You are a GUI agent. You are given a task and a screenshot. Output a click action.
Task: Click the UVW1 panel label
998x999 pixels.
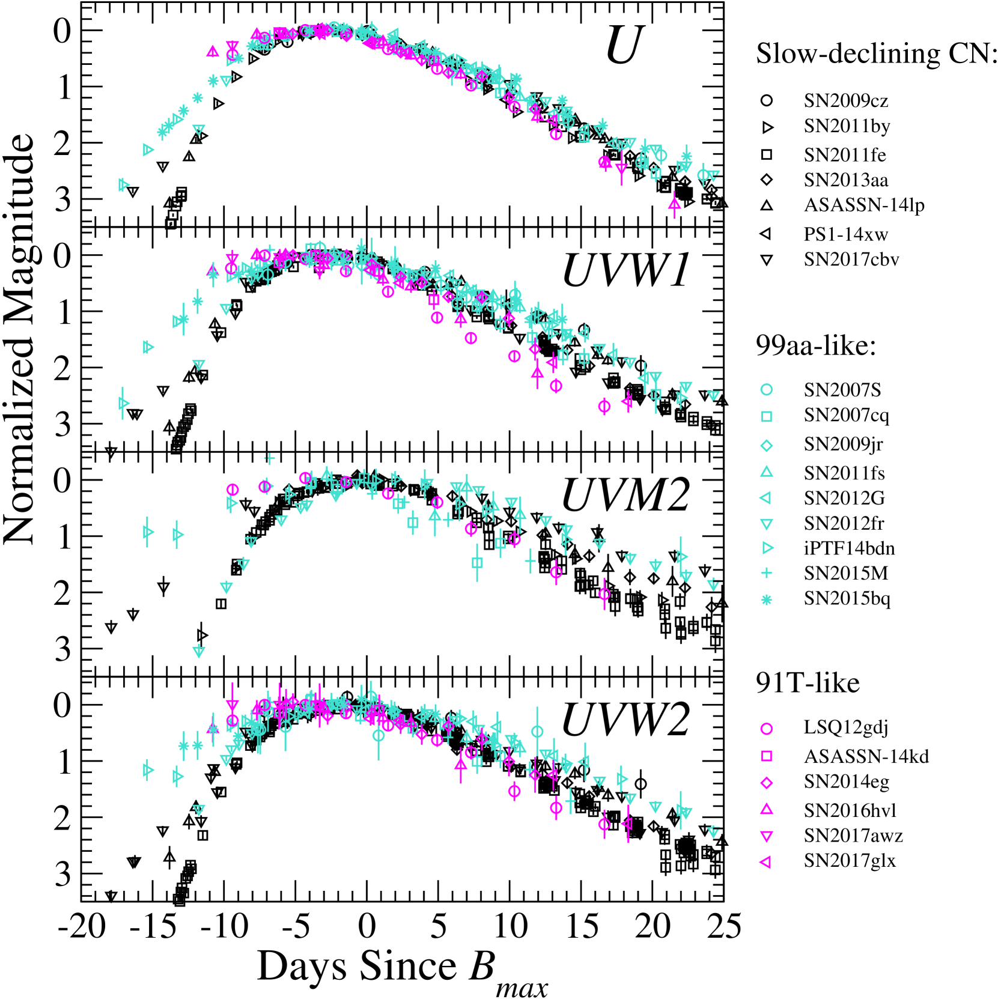tap(625, 271)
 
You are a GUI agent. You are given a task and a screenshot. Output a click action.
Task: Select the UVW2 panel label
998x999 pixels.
tap(625, 720)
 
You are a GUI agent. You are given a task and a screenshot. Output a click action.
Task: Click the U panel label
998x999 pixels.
tap(625, 45)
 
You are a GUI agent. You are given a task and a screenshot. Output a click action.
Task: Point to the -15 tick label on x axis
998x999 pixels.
tap(153, 927)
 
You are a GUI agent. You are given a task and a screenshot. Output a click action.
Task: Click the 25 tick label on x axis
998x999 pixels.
tap(723, 927)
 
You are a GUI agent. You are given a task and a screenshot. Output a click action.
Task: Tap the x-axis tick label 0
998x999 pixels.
tap(367, 927)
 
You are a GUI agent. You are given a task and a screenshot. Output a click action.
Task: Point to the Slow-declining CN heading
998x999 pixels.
tap(877, 54)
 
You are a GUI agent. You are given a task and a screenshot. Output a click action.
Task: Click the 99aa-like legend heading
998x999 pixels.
tap(815, 345)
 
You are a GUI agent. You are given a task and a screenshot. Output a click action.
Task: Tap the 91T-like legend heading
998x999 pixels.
tap(808, 684)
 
